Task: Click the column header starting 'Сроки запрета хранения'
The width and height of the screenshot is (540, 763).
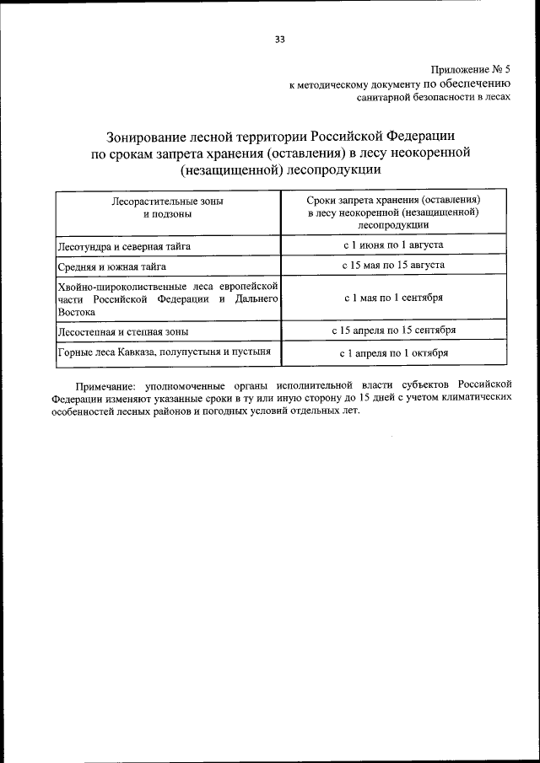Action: pos(393,213)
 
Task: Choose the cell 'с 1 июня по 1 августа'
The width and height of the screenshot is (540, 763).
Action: pos(393,245)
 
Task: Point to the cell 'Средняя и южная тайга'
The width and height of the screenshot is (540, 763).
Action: pos(110,266)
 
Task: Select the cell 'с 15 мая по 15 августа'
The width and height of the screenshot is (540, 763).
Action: pos(393,266)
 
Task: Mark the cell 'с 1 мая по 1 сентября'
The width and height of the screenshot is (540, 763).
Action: pos(393,298)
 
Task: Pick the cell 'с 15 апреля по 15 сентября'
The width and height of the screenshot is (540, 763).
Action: pos(393,330)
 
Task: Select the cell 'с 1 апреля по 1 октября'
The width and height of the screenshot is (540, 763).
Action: pos(393,353)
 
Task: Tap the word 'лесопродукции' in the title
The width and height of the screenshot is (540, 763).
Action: pos(336,169)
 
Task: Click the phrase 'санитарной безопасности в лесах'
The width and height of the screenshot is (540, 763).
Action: pos(435,98)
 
